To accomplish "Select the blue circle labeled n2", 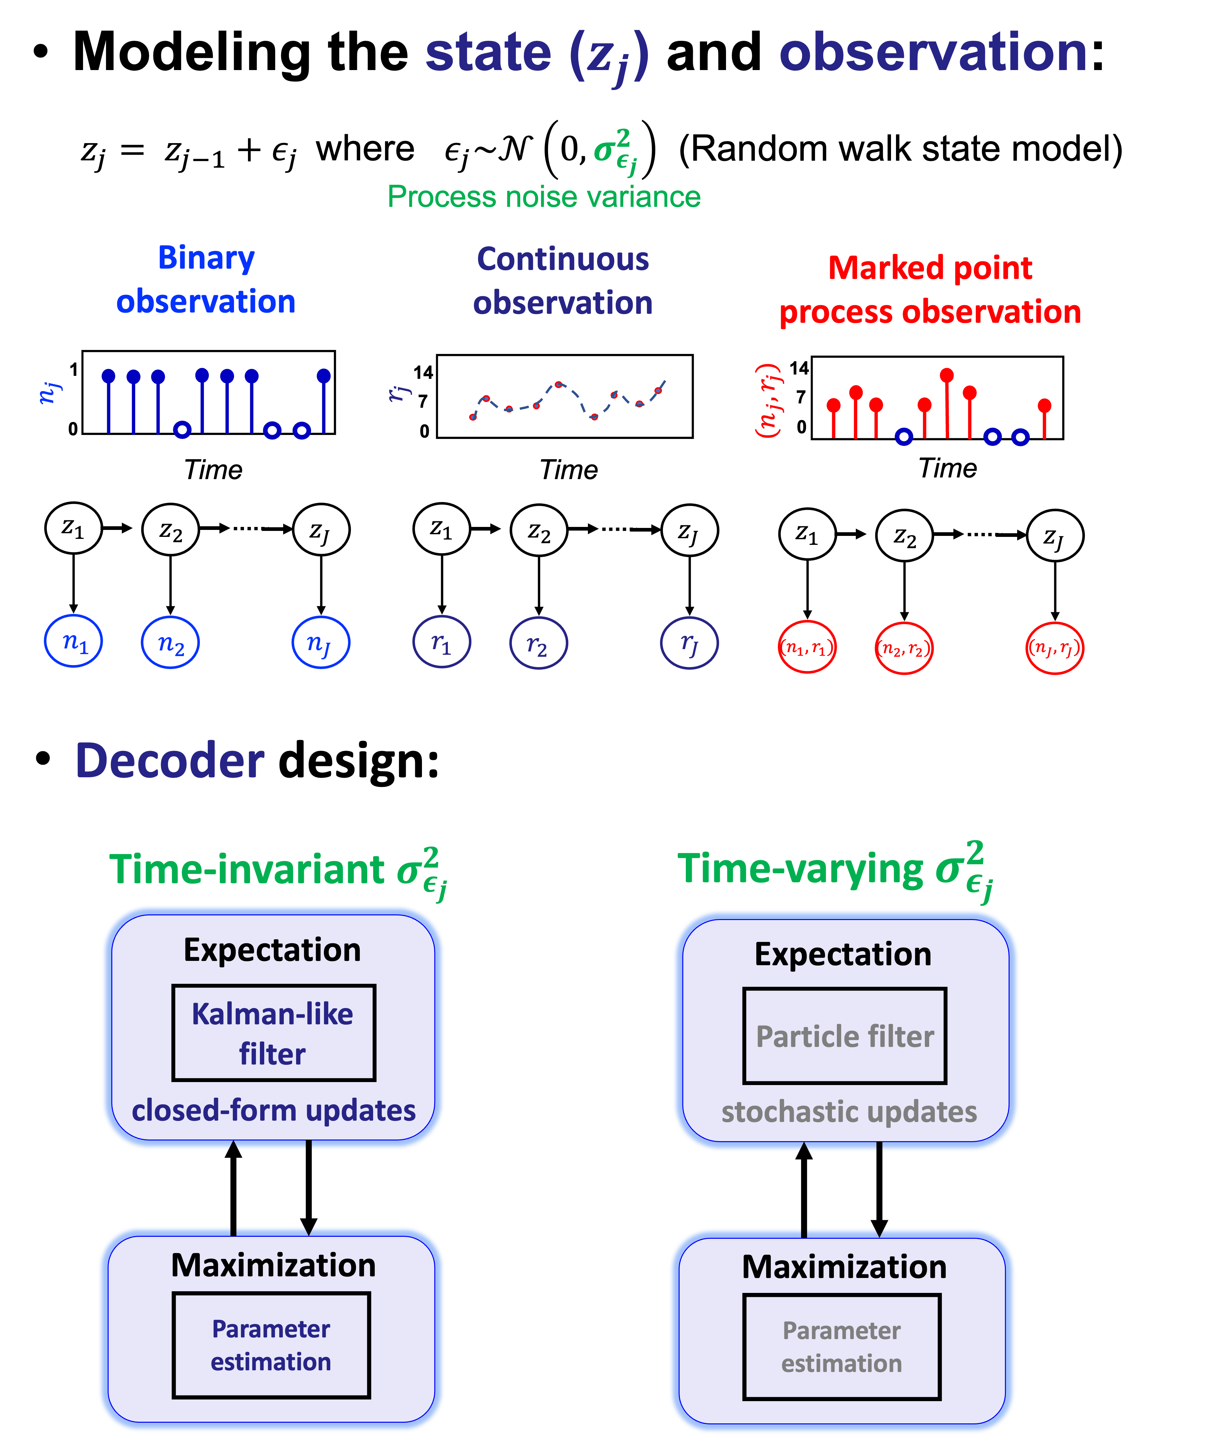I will [170, 643].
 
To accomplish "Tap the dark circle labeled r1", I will [442, 642].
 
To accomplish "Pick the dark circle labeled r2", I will [538, 643].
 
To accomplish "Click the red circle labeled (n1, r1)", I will [807, 647].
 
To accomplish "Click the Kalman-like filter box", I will [273, 1033].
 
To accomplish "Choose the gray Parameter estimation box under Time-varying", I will [842, 1347].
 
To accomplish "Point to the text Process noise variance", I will [544, 197].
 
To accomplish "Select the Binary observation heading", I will [206, 280].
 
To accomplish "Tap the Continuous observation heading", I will [563, 281].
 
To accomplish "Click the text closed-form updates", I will [273, 1110].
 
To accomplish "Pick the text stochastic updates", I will [849, 1112].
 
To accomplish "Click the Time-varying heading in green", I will [834, 870].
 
